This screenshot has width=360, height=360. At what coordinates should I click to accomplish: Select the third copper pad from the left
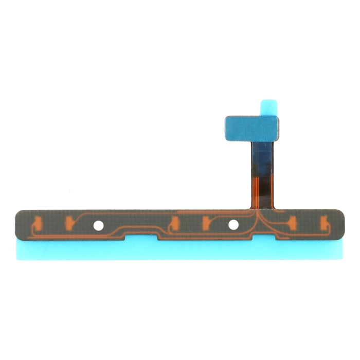click(173, 223)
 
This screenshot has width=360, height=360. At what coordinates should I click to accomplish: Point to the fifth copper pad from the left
click(293, 223)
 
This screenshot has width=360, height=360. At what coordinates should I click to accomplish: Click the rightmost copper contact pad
click(325, 223)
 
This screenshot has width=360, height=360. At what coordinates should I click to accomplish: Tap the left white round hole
click(98, 225)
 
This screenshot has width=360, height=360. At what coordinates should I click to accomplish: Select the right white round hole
click(233, 225)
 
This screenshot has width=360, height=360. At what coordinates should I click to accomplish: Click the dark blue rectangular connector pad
click(251, 128)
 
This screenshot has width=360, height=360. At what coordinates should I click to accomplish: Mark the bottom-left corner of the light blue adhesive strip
click(17, 259)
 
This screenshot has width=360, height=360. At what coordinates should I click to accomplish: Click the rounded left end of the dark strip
click(19, 224)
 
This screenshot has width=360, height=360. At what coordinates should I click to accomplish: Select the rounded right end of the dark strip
click(341, 224)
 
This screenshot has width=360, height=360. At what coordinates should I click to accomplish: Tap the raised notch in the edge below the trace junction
click(264, 236)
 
